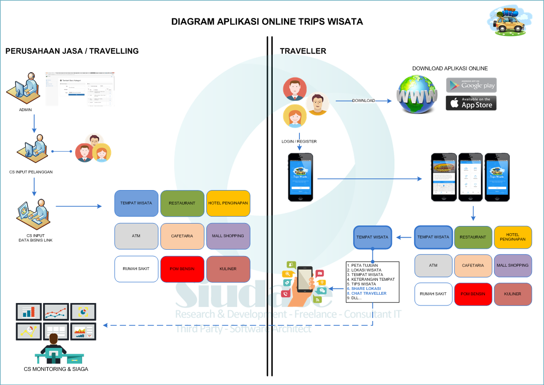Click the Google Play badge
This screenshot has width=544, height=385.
point(471,85)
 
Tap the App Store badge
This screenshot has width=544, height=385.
point(471,103)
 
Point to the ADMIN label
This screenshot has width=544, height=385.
point(26,110)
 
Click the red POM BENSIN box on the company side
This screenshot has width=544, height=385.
point(182,269)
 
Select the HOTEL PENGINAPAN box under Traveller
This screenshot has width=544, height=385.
point(513,237)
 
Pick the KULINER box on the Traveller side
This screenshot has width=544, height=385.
point(513,294)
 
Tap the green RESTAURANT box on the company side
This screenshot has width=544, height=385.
point(182,203)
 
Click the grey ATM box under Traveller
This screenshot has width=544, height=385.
point(433,265)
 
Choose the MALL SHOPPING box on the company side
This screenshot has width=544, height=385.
point(228,236)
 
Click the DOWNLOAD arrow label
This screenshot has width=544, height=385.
point(363,101)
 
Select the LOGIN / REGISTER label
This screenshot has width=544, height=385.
point(299,142)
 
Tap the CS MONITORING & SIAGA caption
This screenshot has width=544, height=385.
point(56,369)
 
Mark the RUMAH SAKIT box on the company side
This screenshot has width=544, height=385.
point(136,269)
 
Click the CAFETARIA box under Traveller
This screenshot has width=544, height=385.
point(473,265)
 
